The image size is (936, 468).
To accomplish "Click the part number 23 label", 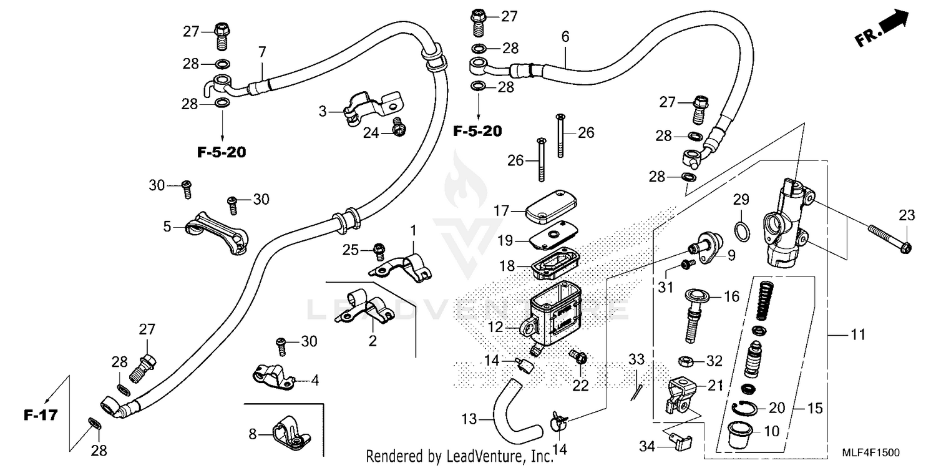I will pyautogui.click(x=906, y=216).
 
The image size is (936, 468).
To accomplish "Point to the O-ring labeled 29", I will pyautogui.click(x=741, y=232).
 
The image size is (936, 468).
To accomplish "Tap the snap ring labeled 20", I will pyautogui.click(x=745, y=409).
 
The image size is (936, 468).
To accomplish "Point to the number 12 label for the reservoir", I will pyautogui.click(x=495, y=326).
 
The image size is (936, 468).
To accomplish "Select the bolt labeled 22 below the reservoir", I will pyautogui.click(x=580, y=358).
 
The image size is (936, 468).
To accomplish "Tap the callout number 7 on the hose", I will pyautogui.click(x=262, y=52).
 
